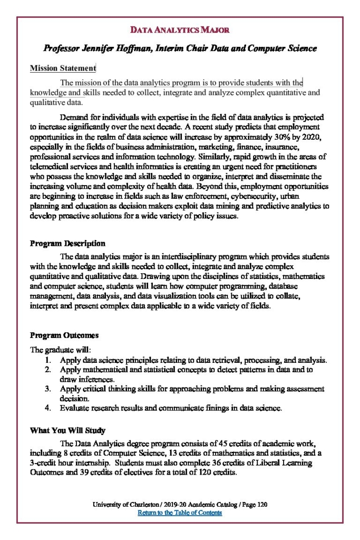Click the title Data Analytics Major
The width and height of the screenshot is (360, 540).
click(180, 30)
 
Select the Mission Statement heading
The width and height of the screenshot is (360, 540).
click(63, 68)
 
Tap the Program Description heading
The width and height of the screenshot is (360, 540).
click(67, 244)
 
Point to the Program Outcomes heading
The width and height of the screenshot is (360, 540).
click(64, 335)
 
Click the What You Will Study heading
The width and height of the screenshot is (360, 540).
click(67, 430)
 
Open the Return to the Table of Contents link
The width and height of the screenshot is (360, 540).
click(180, 513)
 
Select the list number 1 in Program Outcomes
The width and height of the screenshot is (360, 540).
click(48, 360)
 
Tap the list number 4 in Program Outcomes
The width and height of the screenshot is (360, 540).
click(48, 408)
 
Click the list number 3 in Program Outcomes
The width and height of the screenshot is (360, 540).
click(48, 389)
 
